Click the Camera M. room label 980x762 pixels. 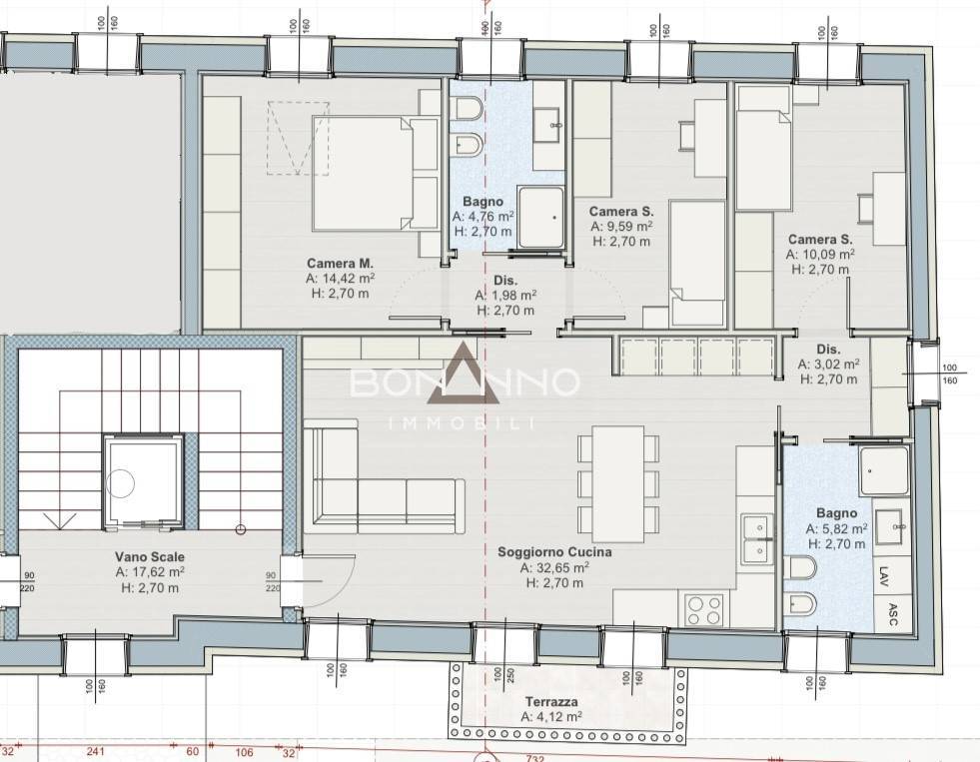[x=340, y=264]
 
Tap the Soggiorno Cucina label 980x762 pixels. [x=554, y=552]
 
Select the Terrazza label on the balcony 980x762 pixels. [x=551, y=702]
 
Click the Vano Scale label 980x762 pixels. [x=150, y=556]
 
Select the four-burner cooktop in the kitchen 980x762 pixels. [x=704, y=609]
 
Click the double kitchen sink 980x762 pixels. [x=757, y=539]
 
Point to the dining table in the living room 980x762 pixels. [x=618, y=484]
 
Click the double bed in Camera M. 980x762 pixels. [x=375, y=173]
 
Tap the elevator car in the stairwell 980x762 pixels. [x=144, y=481]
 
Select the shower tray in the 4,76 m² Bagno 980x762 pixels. [x=540, y=217]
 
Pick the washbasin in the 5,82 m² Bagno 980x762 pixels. [x=888, y=526]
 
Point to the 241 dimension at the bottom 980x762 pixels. [x=95, y=751]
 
